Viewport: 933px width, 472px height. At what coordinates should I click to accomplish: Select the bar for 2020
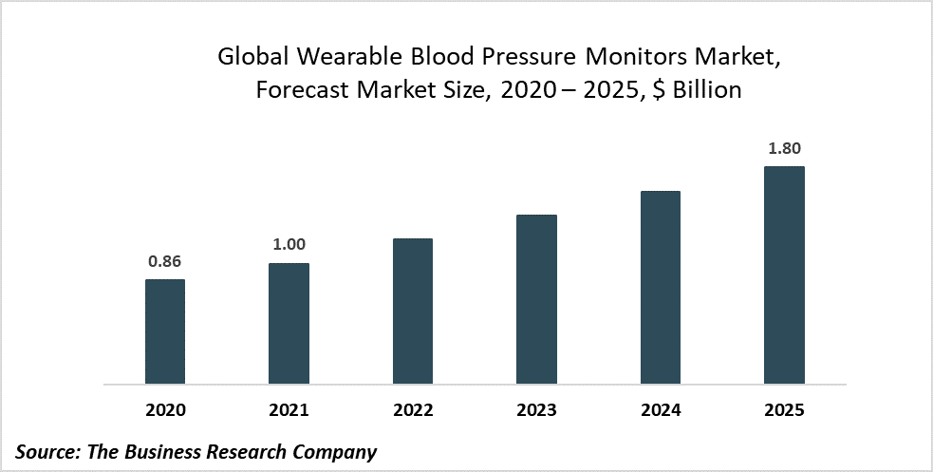(165, 331)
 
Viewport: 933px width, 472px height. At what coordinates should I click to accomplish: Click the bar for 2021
(289, 324)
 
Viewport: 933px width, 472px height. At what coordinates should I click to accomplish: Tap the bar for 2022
(413, 312)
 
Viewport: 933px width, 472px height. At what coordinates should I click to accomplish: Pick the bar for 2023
(536, 299)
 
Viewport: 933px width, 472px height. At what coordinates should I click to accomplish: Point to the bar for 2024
(661, 288)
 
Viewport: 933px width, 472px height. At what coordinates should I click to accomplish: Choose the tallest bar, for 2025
(784, 275)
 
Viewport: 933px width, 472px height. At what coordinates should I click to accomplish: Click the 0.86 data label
(165, 260)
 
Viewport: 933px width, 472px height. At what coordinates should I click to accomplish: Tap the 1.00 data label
(289, 244)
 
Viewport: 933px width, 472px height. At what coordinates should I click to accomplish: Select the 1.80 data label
(785, 148)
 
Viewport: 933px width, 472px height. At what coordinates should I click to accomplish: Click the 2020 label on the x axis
(165, 410)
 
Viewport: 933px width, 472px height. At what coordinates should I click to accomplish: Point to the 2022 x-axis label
(413, 410)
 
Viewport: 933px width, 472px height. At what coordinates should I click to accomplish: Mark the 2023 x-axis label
(536, 410)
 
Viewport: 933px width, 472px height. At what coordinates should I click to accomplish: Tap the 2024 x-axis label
(661, 410)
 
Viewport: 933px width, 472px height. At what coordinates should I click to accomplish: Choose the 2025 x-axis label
(784, 410)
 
